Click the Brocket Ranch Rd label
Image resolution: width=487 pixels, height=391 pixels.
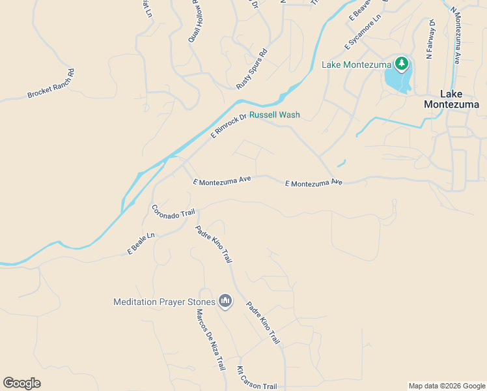pos(51,84)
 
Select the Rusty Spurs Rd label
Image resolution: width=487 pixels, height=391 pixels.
pos(252,68)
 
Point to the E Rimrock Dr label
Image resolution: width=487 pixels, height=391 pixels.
pos(229,126)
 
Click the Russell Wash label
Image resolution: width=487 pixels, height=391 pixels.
pos(275,115)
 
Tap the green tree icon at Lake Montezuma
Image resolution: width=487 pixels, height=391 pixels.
pos(402,64)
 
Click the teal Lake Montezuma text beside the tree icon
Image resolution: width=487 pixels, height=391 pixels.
pos(356,65)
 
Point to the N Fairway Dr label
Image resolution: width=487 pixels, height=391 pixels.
pos(430,39)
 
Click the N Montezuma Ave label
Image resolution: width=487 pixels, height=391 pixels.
pos(456,38)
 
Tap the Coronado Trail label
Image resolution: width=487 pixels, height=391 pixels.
pos(173,211)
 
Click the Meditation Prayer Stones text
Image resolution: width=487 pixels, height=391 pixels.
pos(163,302)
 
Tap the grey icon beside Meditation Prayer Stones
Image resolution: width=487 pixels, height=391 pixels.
pos(225,300)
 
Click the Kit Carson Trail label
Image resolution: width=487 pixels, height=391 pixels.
pos(256,377)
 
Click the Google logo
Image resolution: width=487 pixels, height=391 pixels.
pos(21,383)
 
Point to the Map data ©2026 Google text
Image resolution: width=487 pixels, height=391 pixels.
pos(446,386)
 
